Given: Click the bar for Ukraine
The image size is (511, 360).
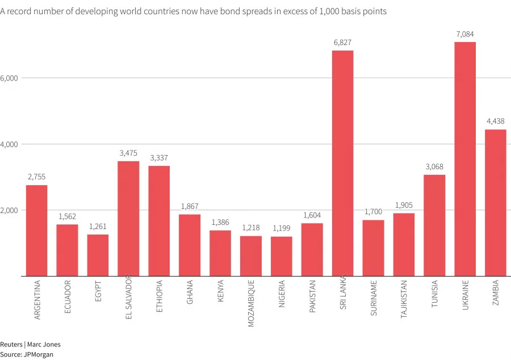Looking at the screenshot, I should point(465,159).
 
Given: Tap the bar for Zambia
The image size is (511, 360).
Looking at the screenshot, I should point(496,203).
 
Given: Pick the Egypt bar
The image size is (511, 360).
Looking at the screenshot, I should point(98,256).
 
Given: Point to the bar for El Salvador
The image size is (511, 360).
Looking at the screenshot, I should point(128,219).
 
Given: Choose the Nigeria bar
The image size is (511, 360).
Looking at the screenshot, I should point(282,256).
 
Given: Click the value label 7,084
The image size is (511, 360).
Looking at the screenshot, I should point(465,35).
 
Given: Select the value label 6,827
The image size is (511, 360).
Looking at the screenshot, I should point(342,43).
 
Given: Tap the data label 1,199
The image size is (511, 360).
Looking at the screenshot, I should point(282,228).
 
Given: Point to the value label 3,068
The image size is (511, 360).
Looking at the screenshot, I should point(434,167).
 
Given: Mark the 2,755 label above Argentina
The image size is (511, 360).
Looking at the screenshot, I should point(36,177).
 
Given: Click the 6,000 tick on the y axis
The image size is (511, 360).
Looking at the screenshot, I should point(10,78).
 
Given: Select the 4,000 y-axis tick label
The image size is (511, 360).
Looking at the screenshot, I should point(10,144).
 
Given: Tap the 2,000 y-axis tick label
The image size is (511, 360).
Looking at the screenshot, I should point(10,210).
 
